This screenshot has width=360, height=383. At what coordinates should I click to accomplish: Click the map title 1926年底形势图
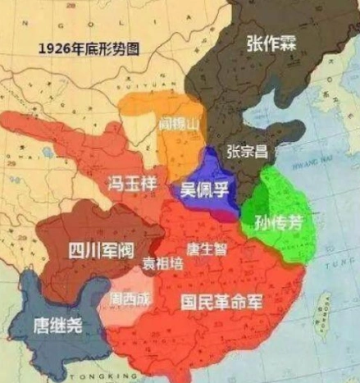(x=88, y=48)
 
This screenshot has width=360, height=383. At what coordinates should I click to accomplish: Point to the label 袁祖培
(x=164, y=264)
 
